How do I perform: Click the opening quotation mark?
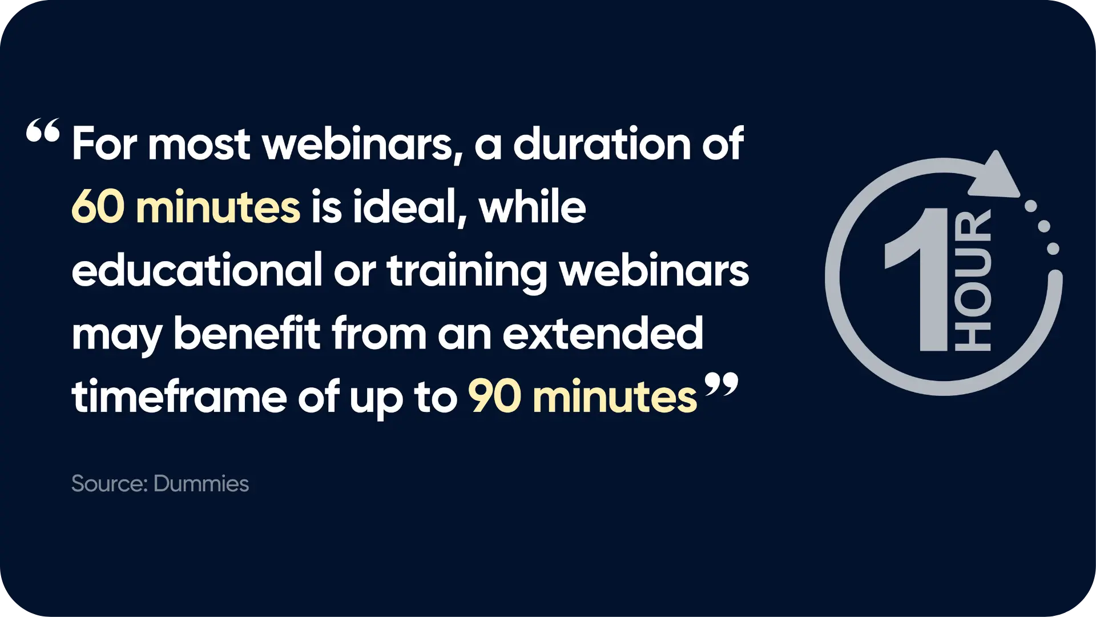[x=43, y=130]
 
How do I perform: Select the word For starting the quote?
[x=104, y=143]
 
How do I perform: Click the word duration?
[x=602, y=143]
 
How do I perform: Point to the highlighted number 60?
[x=98, y=207]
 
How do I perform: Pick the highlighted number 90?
[x=494, y=396]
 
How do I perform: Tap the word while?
[x=533, y=206]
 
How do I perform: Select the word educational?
[x=197, y=270]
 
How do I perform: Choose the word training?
[x=467, y=271]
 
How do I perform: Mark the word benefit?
[x=247, y=333]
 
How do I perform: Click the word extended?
[x=603, y=333]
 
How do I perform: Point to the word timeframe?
[x=179, y=396]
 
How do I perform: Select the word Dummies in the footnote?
[x=201, y=484]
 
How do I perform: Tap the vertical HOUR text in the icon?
[x=973, y=280]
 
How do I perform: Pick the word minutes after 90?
[x=614, y=396]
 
